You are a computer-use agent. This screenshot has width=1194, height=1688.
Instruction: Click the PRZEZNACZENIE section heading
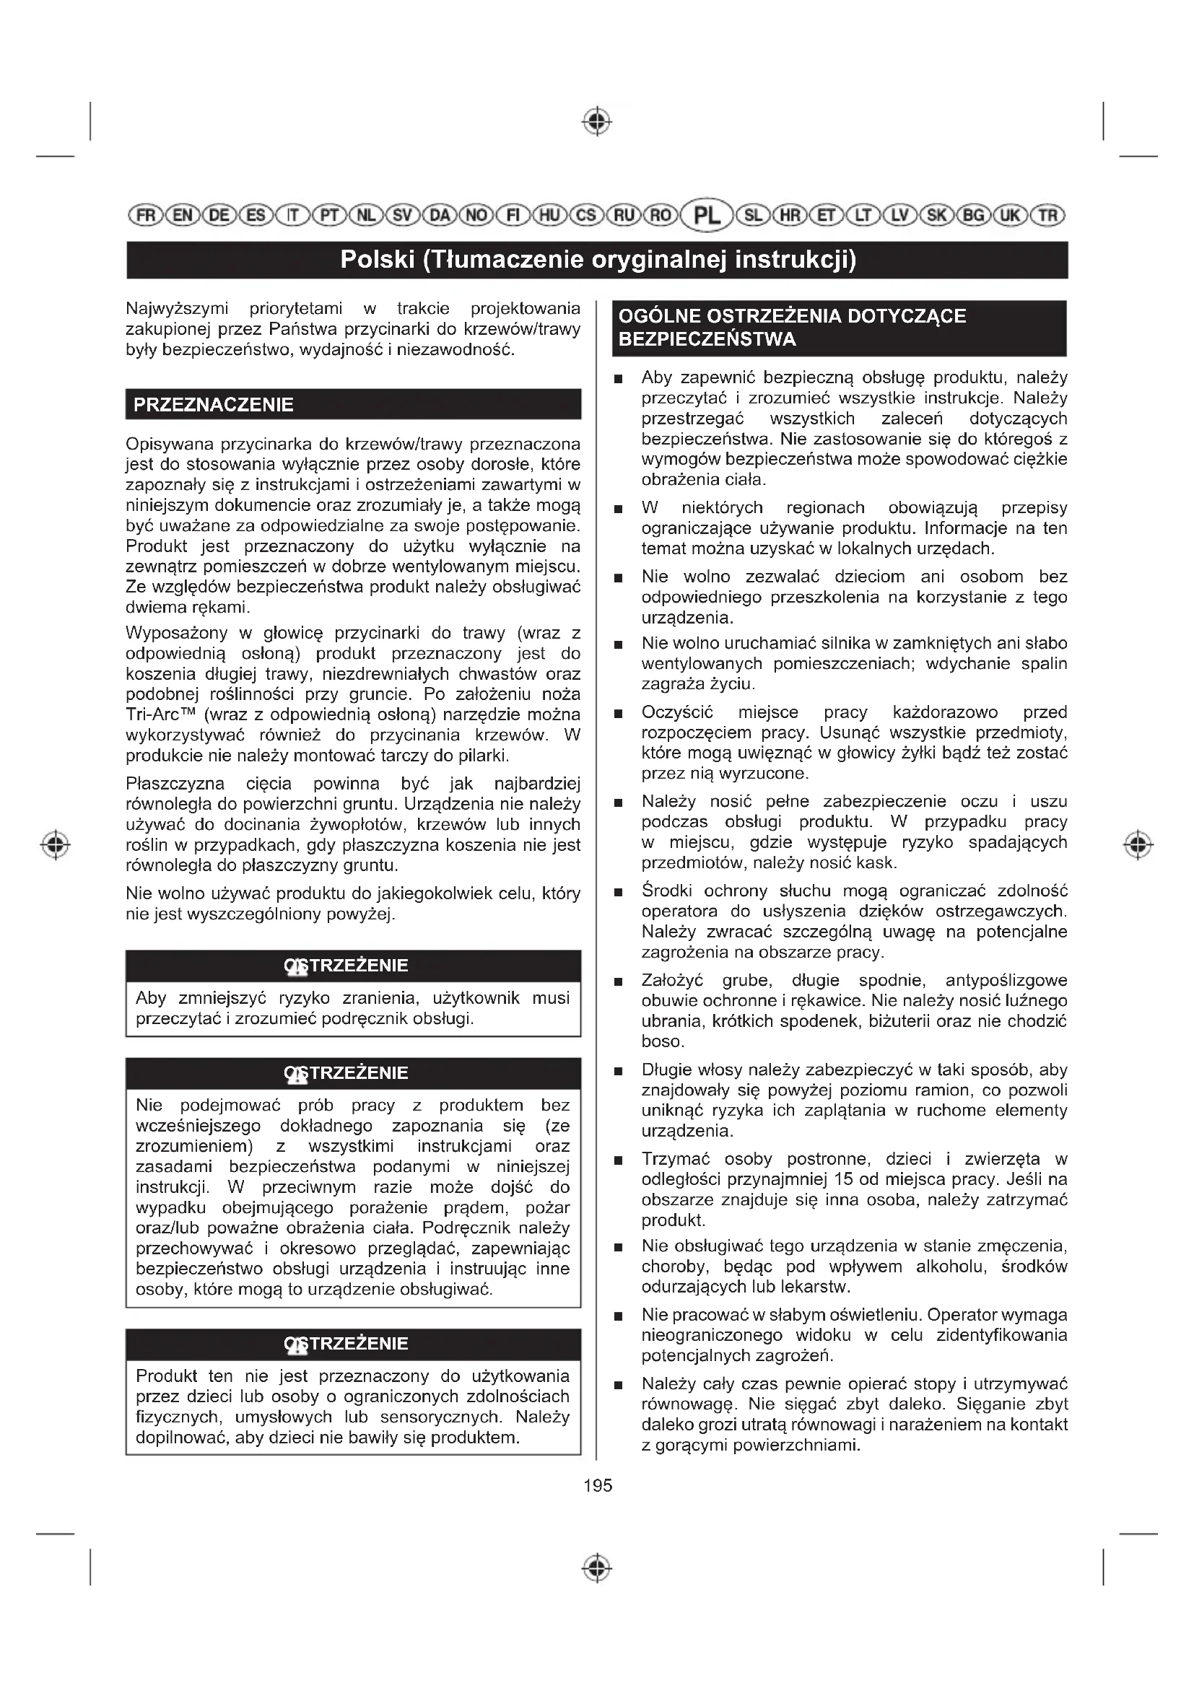pos(213,405)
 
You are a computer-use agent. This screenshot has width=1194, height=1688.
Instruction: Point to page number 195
pos(597,1486)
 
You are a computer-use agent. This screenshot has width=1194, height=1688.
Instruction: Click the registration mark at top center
pos(597,121)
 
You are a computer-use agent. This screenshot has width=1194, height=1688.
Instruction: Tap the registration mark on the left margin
pos(56,845)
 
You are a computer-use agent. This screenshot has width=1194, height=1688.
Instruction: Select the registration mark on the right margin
pos(1138,845)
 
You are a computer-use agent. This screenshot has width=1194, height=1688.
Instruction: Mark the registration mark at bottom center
pos(597,1569)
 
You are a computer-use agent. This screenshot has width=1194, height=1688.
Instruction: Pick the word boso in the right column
pos(662,1042)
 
